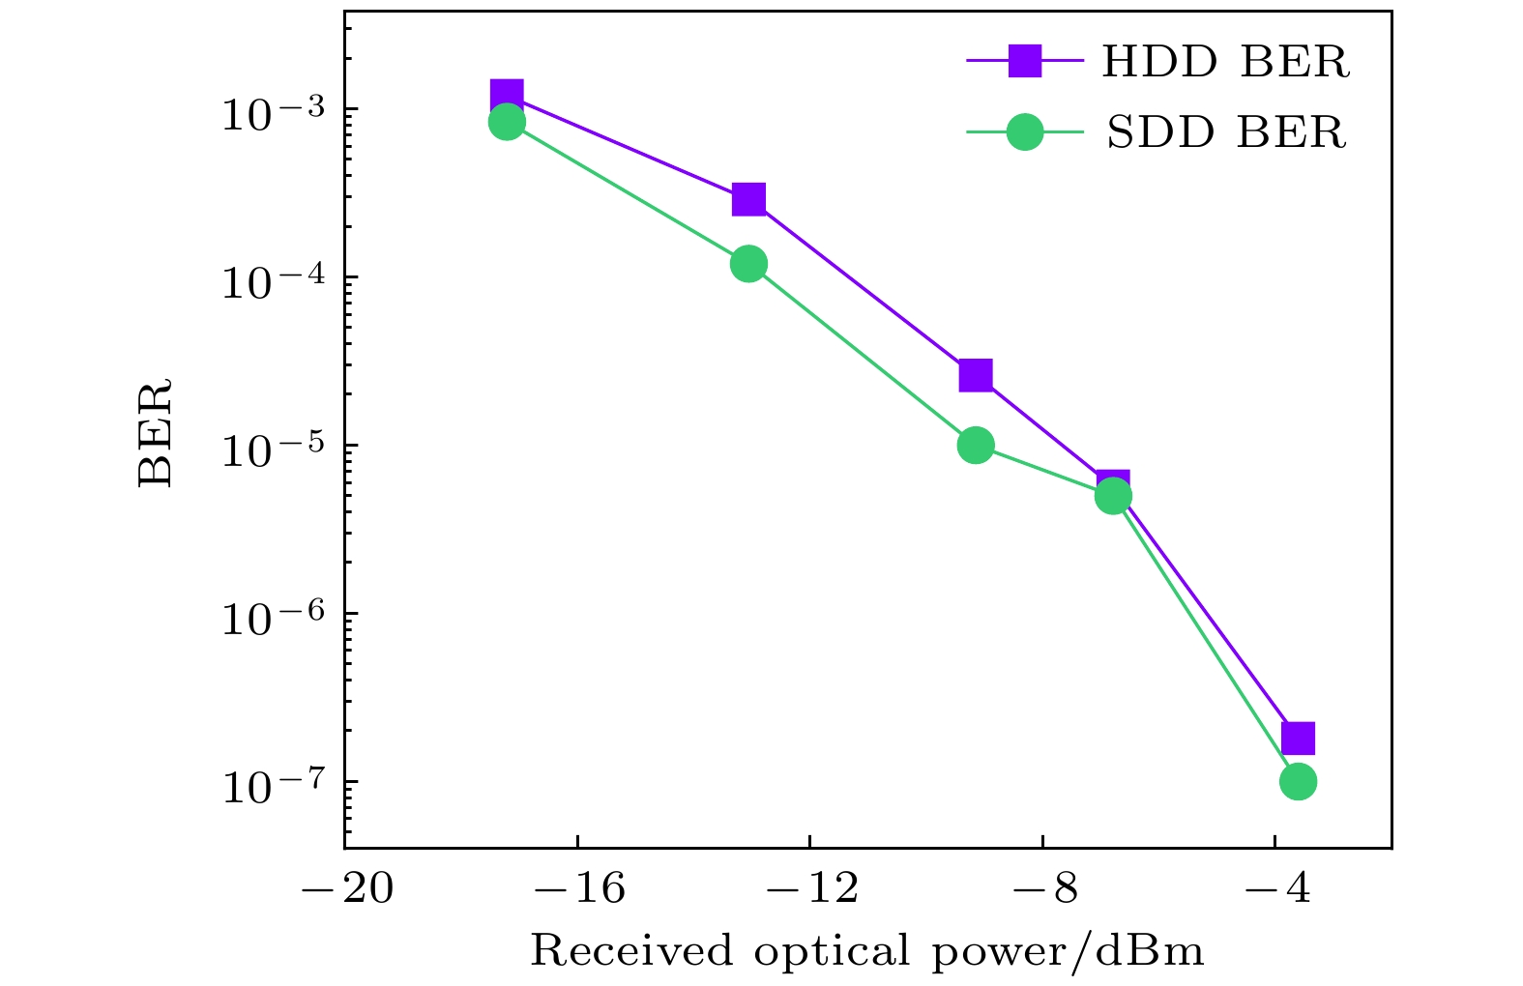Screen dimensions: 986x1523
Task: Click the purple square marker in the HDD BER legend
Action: [x=1025, y=62]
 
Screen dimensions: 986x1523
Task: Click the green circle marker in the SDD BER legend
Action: [x=1025, y=131]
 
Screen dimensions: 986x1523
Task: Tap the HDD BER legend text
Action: [x=1225, y=63]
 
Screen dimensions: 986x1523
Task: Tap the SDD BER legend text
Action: [x=1225, y=132]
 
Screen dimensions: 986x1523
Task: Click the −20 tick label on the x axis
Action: [x=347, y=887]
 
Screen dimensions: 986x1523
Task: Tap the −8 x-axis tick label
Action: [x=1045, y=887]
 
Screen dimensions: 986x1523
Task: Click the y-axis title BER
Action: [x=155, y=432]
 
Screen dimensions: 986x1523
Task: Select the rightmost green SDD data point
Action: [x=1298, y=781]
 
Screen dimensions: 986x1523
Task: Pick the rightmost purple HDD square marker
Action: [x=1298, y=739]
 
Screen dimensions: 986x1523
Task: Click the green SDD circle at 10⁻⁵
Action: [x=976, y=445]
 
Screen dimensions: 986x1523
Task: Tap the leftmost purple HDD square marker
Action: [x=507, y=95]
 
